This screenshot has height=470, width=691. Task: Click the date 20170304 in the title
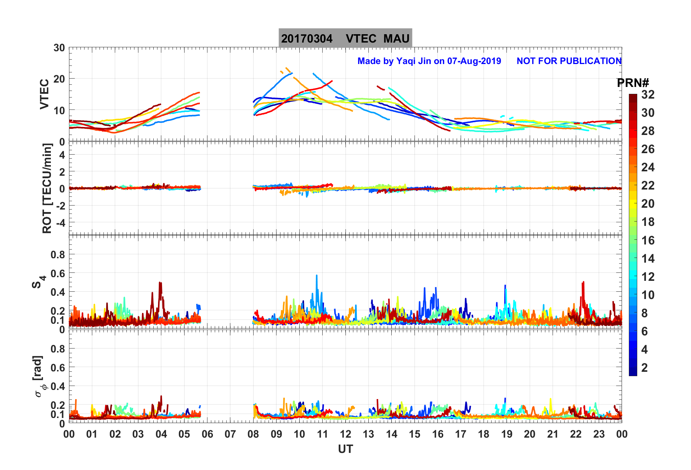coord(307,39)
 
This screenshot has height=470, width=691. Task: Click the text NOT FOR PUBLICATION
coord(569,61)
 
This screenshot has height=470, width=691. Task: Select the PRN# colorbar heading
coord(633,83)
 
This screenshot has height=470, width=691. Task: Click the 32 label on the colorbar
coord(648,95)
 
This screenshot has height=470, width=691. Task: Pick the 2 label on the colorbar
coord(644,368)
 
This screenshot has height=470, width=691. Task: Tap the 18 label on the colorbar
coord(648,222)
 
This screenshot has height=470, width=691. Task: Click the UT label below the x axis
coord(345,449)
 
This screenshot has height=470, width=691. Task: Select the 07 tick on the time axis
coord(230,434)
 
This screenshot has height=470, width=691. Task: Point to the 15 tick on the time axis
coord(415,434)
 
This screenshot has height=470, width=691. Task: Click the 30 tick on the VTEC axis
coord(59,48)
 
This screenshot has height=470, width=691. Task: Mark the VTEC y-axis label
coord(44,94)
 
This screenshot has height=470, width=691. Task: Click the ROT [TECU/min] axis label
coord(47,188)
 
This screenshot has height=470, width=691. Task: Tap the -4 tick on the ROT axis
coord(59,223)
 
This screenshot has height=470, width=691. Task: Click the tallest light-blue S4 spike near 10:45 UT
coord(316,276)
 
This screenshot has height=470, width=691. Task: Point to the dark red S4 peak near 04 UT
coord(160,283)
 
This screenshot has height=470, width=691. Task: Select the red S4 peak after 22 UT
coord(583,282)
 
